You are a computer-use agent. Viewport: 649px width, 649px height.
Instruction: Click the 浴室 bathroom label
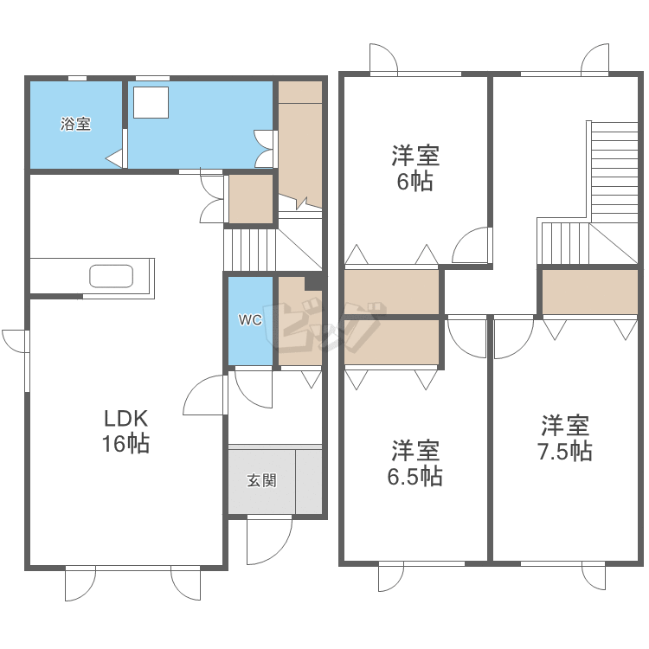[x=75, y=124]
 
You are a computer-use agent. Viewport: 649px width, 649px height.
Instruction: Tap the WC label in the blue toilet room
[x=250, y=319]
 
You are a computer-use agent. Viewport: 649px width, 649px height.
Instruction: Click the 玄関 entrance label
[x=261, y=480]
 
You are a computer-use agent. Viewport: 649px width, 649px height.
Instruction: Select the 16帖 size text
[x=126, y=445]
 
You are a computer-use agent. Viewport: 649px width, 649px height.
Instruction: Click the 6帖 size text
[x=415, y=182]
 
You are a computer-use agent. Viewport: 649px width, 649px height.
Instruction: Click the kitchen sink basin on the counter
[x=111, y=276]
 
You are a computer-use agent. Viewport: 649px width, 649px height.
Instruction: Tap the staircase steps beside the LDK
[x=248, y=248]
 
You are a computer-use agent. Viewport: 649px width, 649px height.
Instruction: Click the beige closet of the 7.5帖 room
[x=590, y=292]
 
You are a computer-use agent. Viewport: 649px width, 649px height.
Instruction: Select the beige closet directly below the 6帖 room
[x=391, y=292]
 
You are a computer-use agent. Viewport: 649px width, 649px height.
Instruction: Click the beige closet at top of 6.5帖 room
[x=391, y=344]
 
